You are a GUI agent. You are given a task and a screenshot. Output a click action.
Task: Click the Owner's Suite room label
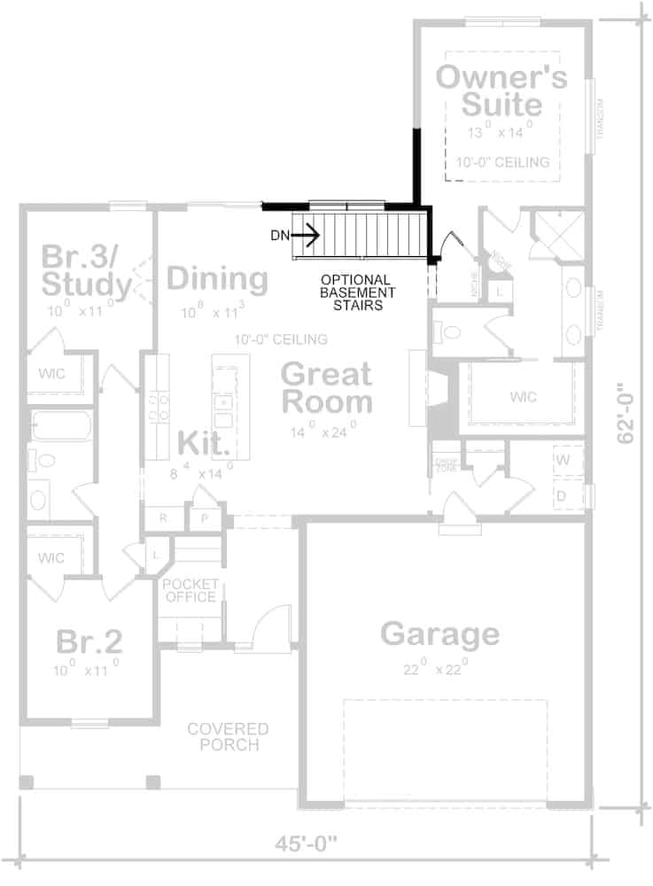pos(501,90)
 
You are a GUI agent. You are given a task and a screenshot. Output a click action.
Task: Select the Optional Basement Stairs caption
pos(358,291)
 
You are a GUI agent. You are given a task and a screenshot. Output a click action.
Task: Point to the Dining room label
pos(217,279)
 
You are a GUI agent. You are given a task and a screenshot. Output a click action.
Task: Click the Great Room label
pos(326,388)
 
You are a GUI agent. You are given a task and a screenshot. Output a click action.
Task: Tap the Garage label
pos(439,634)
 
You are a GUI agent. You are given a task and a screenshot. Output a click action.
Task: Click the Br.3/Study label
pos(86,271)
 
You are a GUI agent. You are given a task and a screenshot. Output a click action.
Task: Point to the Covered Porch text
pos(228,737)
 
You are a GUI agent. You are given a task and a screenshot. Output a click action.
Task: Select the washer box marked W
pos(563,460)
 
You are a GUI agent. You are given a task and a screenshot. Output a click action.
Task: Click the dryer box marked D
pos(563,494)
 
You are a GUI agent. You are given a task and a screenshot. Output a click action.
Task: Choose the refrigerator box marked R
pos(164,518)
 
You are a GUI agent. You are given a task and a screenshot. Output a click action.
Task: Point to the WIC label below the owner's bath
pos(523,396)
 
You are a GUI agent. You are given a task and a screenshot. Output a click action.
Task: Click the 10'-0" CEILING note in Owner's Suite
pos(502,162)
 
